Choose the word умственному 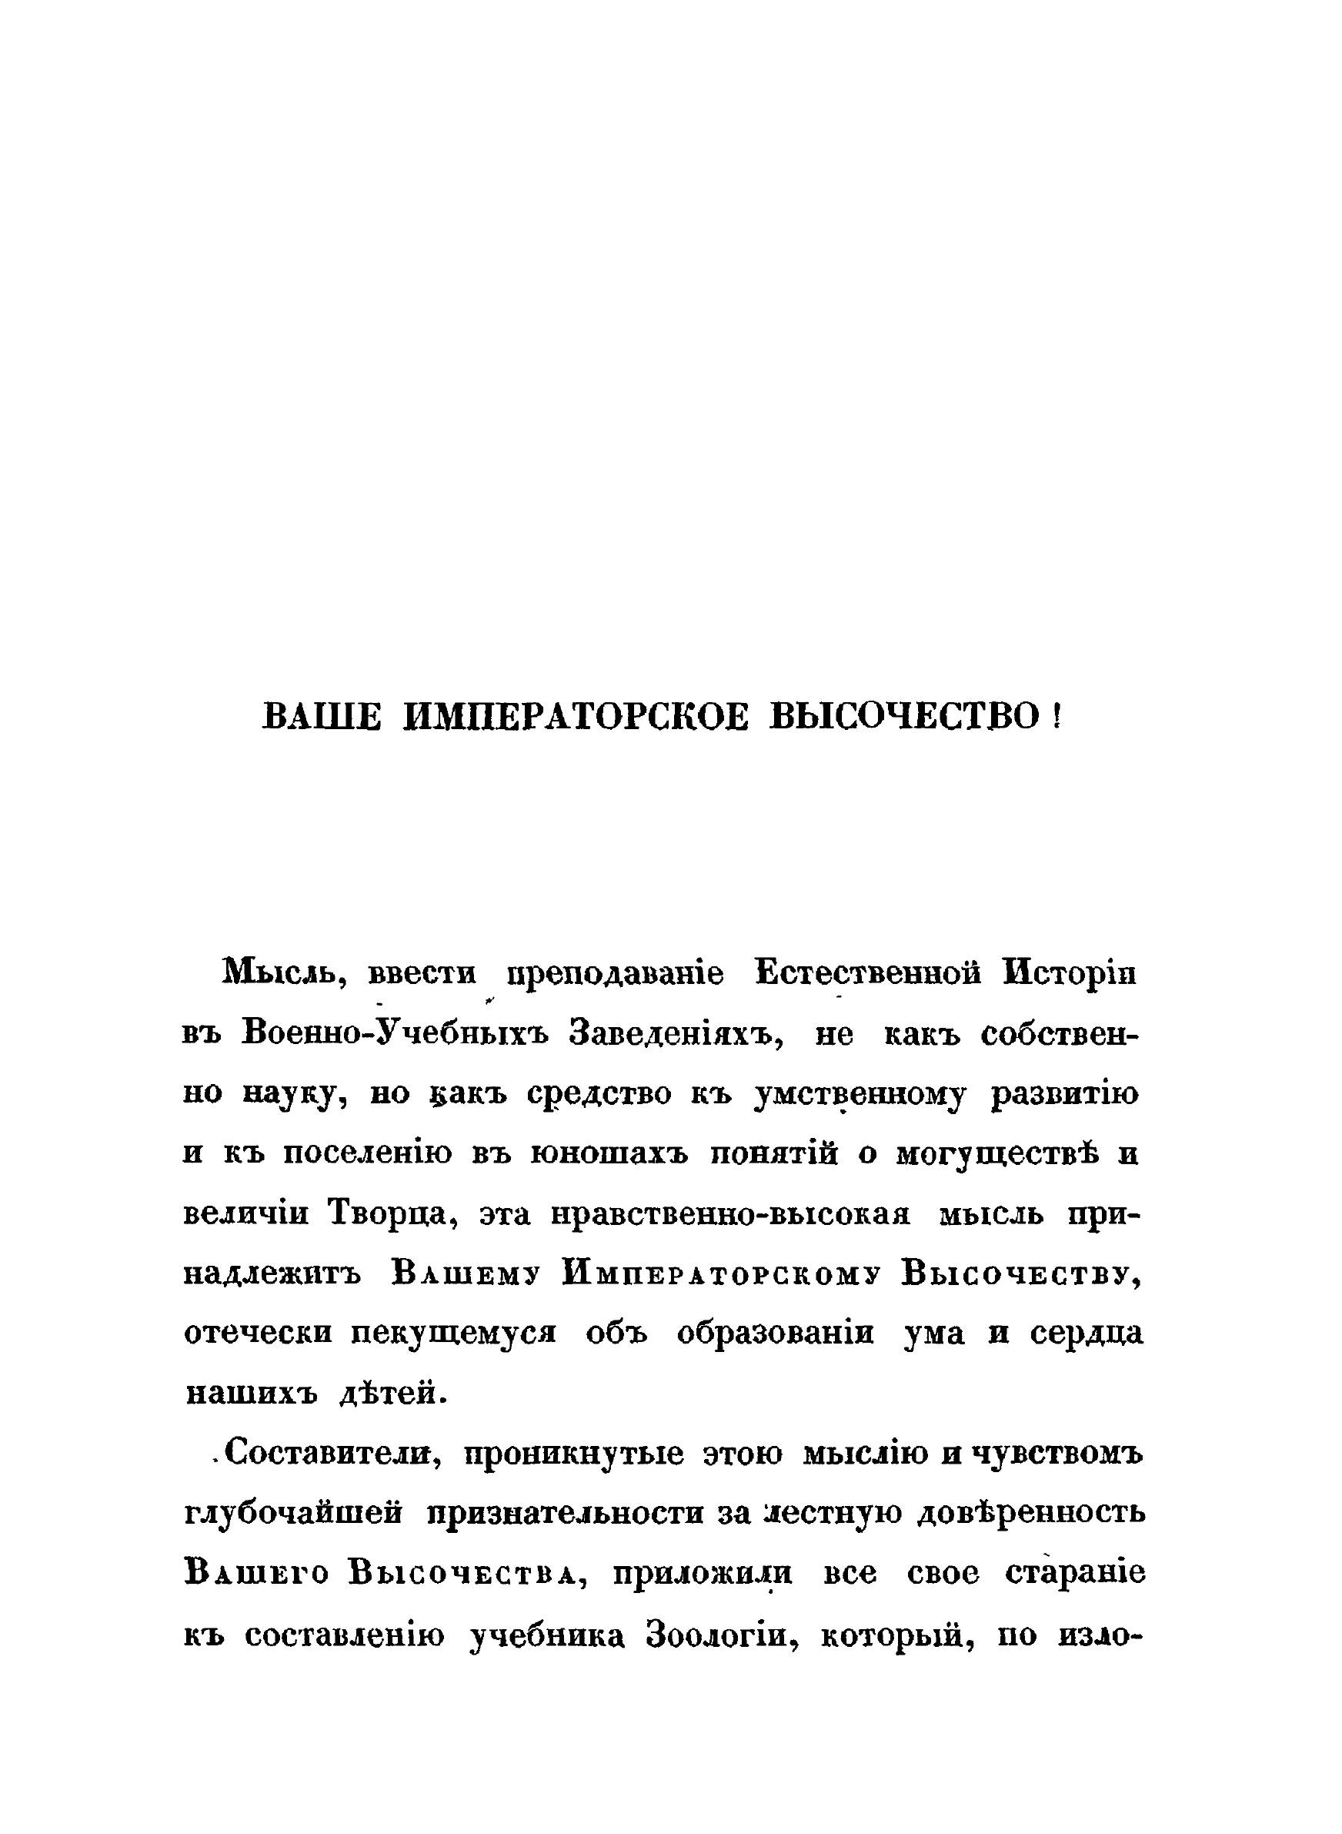point(860,1096)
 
